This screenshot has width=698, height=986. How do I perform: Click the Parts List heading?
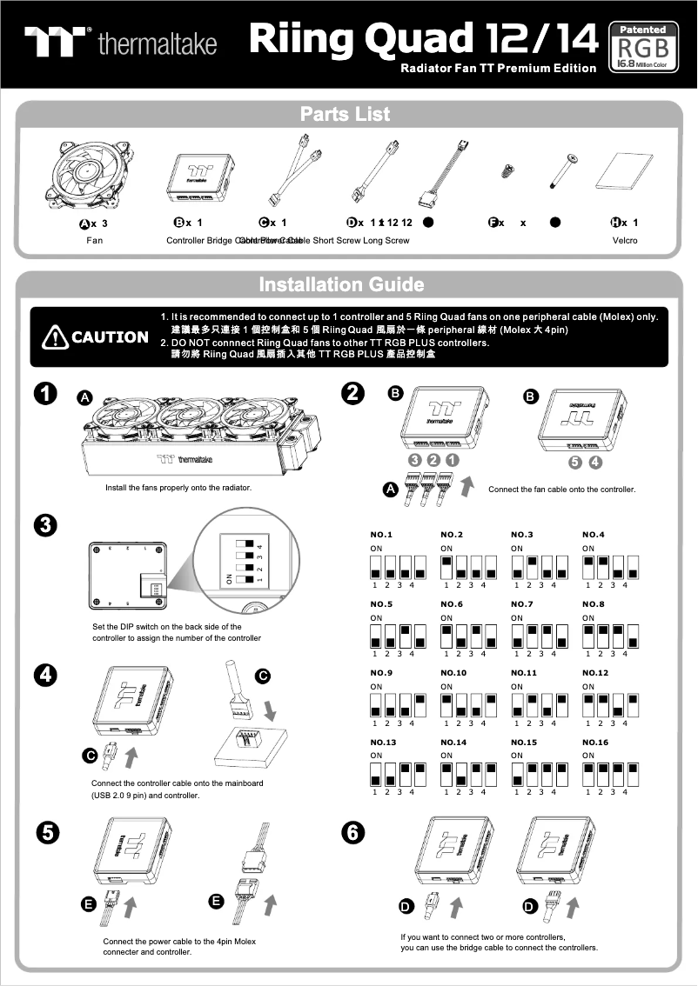(345, 114)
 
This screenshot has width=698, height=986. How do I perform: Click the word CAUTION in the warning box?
(110, 337)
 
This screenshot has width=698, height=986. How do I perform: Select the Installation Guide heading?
(341, 284)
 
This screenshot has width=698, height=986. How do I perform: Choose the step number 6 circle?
(352, 832)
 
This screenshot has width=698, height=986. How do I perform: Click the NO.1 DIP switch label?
(381, 534)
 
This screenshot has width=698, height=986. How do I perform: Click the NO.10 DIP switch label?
(453, 673)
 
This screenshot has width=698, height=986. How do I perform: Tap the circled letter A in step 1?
(84, 397)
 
